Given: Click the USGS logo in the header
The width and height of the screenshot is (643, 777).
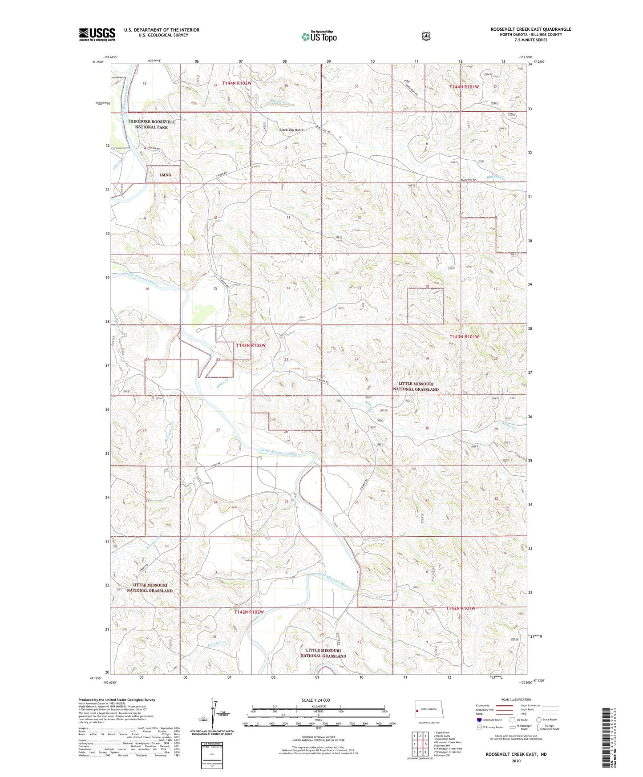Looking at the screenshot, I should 97,34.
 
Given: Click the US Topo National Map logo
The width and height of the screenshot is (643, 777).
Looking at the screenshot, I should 319,36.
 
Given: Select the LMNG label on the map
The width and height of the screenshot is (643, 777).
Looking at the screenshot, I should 165,175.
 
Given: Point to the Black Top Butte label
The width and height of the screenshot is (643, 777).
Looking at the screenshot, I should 291,130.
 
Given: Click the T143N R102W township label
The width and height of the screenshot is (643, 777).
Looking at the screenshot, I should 251,345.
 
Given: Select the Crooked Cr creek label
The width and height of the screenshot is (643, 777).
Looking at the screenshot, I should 217,643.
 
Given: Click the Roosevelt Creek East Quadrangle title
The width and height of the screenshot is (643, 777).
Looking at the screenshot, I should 530,29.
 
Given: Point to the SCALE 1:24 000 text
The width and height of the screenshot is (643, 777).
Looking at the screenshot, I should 315,700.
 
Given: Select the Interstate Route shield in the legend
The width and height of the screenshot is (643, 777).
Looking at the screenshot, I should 478,720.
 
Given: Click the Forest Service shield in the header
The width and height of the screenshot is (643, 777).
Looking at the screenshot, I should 426,36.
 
